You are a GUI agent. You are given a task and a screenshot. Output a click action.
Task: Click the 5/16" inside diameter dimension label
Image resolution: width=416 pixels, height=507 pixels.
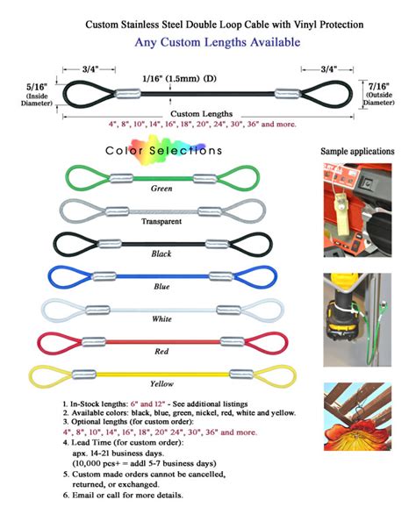[x=37, y=95]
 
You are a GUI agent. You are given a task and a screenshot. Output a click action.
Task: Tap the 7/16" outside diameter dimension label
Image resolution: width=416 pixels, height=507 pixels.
[x=379, y=94]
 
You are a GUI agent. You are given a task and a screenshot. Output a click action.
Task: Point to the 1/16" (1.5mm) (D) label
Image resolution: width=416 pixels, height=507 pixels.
[x=180, y=78]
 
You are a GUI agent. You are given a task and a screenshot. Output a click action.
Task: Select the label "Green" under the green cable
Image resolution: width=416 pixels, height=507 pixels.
[x=161, y=189]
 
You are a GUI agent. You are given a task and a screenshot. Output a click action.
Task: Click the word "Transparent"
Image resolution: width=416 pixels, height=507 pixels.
[x=161, y=222]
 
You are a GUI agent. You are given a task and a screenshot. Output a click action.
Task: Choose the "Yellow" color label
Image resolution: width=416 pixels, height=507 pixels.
[x=161, y=384]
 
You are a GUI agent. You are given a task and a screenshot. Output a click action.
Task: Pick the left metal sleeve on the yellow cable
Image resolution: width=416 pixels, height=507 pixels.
[x=84, y=375]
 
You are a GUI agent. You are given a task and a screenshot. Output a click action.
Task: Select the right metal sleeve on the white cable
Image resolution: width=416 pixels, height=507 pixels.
[x=228, y=310]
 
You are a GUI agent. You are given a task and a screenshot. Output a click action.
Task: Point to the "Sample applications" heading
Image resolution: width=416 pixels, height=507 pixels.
[x=357, y=152]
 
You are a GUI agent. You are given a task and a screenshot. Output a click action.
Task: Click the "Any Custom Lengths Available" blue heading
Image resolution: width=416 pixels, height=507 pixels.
[x=218, y=42]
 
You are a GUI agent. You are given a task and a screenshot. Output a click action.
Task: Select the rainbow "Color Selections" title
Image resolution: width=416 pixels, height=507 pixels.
[x=164, y=150]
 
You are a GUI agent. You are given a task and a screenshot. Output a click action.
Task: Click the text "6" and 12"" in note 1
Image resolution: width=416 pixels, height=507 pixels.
[x=147, y=403]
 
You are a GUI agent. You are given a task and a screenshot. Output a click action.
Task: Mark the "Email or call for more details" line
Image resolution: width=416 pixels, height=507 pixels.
[x=123, y=495]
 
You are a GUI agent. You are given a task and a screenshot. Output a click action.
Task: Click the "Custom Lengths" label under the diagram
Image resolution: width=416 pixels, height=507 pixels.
[x=201, y=114]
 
